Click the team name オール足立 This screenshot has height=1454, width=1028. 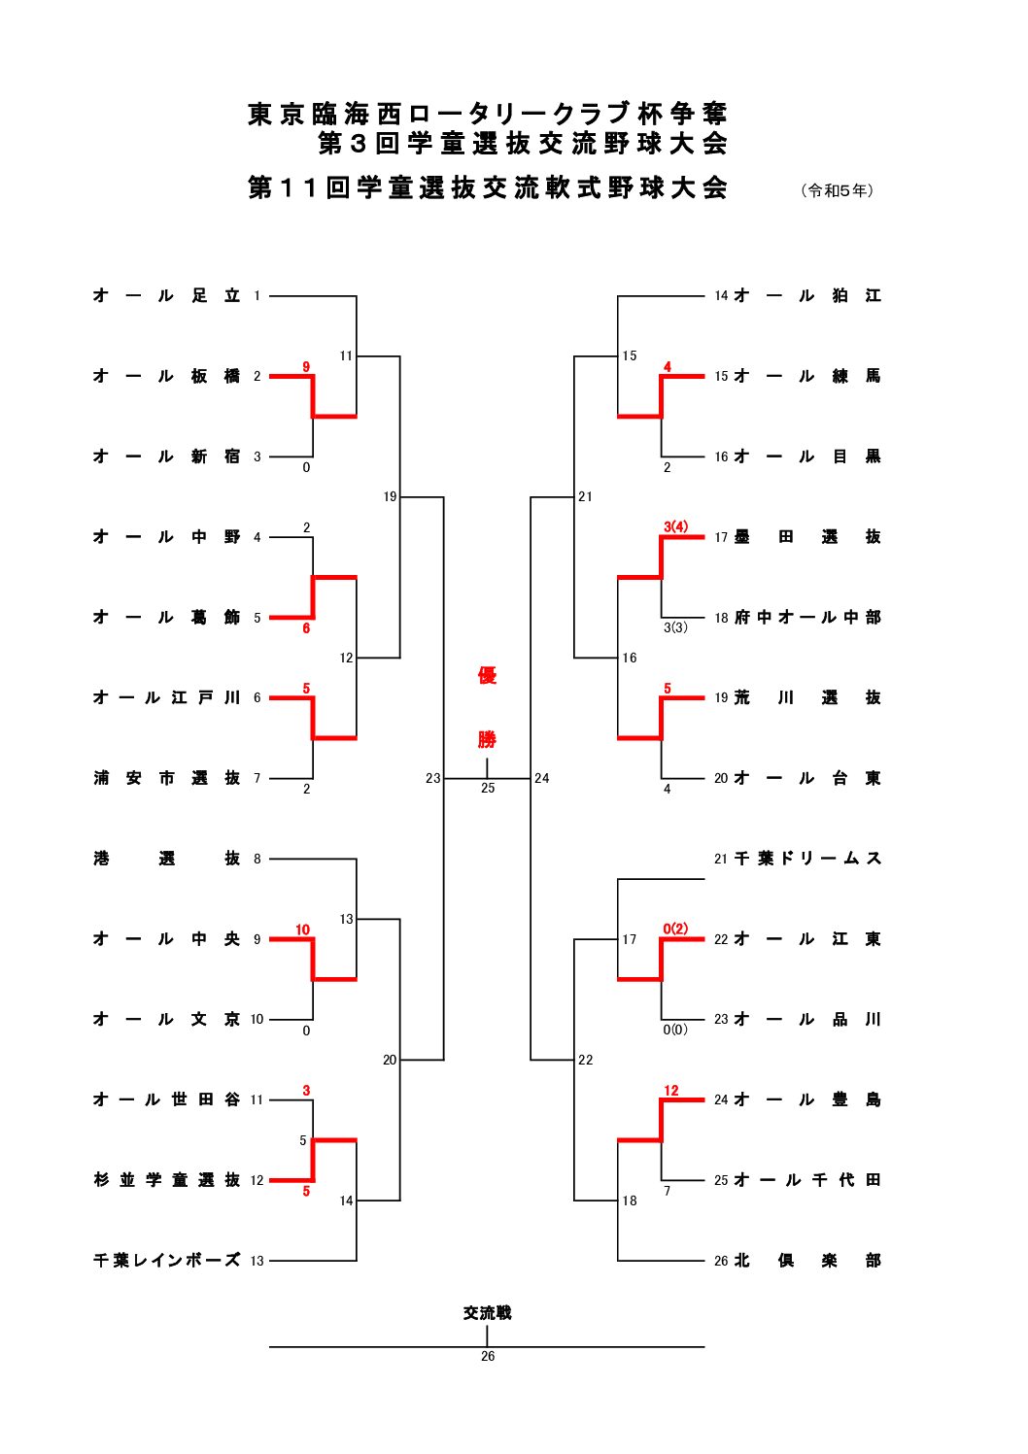pos(166,295)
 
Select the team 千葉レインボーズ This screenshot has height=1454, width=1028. pos(166,1261)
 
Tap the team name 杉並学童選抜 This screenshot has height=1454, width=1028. pos(166,1180)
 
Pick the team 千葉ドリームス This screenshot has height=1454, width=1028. pos(807,859)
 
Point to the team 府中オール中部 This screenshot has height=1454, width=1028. pos(807,618)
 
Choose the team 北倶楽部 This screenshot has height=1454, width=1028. pos(807,1261)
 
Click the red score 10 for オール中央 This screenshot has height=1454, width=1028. pos(302,930)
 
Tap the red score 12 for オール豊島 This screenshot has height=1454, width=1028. pos(671,1091)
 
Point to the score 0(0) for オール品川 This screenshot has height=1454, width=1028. pos(674,1030)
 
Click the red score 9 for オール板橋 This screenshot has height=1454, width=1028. pos(306,366)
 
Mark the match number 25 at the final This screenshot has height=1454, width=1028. pos(488,788)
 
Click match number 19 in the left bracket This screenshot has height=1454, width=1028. pos(390,497)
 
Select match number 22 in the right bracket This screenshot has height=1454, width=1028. pos(585,1060)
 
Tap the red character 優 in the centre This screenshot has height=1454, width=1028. pos(487,676)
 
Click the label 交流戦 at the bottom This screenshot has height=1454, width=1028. pos(487,1313)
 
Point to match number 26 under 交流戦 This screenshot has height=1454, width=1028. pos(488,1356)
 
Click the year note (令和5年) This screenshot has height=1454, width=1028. pos(837,190)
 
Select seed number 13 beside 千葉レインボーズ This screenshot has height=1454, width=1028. pos(257,1261)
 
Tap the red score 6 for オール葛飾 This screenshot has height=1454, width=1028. pos(306,628)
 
